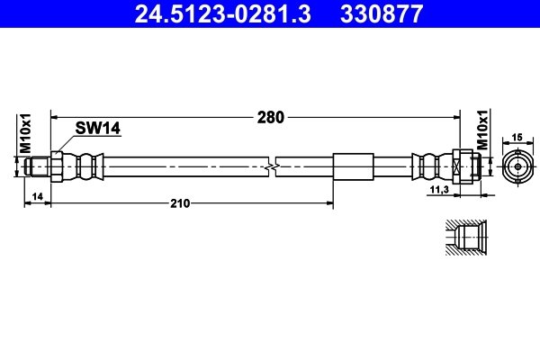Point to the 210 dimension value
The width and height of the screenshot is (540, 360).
(x=180, y=203)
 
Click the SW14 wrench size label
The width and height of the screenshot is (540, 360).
(x=98, y=129)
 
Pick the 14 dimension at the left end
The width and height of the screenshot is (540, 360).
(x=37, y=196)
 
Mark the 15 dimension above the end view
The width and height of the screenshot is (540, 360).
(x=517, y=137)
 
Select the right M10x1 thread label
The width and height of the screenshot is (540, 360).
(x=482, y=132)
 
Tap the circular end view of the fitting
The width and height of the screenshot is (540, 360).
(x=517, y=167)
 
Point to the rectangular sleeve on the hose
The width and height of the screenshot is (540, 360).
(x=352, y=167)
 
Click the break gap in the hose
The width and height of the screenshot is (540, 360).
(x=272, y=167)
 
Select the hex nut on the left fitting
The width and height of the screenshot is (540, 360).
(x=56, y=167)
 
